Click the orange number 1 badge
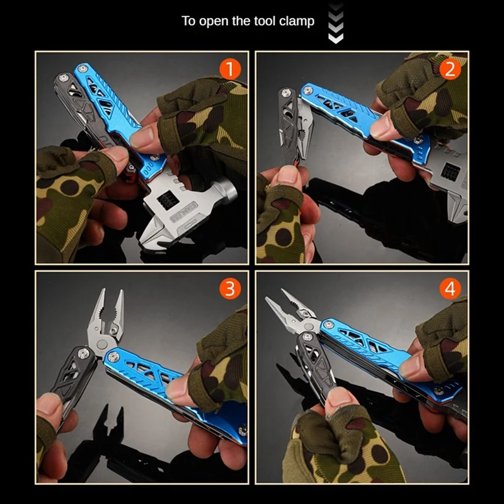[230, 69]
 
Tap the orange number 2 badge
[450, 69]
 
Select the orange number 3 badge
[230, 289]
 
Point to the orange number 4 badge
[450, 289]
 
